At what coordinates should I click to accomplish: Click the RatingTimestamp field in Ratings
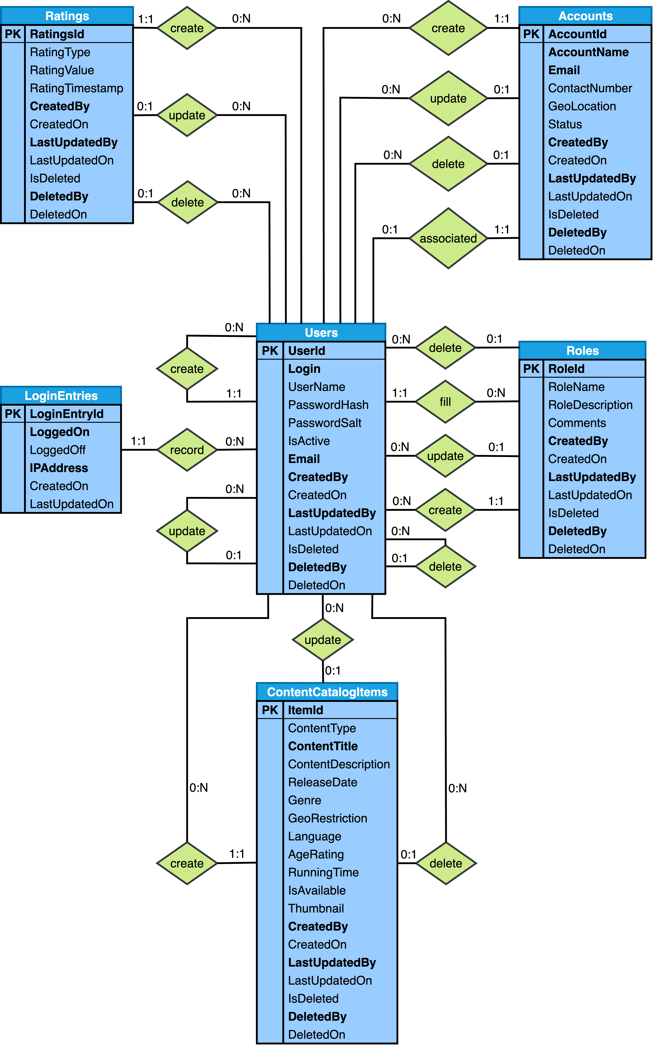[x=76, y=88]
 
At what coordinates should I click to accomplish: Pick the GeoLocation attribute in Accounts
[x=582, y=106]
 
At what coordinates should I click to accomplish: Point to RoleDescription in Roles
[x=590, y=405]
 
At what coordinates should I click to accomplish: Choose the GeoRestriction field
[x=327, y=818]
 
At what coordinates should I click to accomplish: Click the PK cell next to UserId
[x=270, y=351]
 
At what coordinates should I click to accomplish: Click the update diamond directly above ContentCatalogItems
[x=323, y=640]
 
